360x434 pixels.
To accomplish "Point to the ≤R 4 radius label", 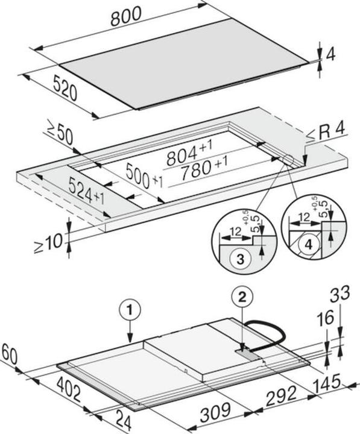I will tap(327, 131).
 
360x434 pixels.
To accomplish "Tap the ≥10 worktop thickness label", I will tap(48, 242).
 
